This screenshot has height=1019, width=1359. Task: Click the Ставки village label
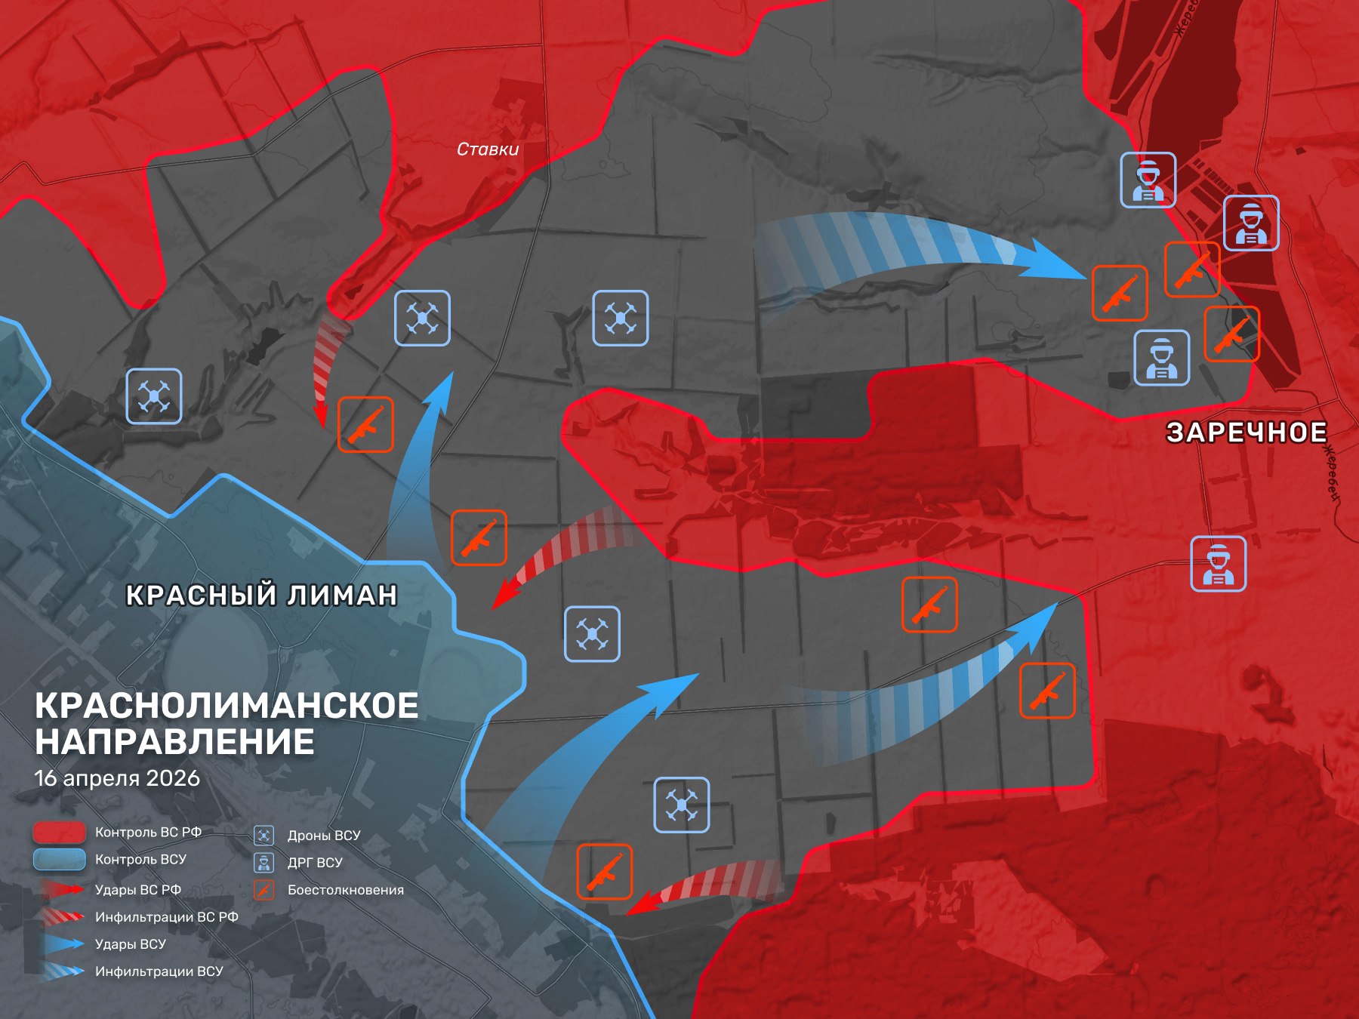click(488, 149)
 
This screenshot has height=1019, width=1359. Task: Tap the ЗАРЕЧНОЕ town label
click(1247, 433)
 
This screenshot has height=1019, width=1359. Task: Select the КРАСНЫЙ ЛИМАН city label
click(261, 595)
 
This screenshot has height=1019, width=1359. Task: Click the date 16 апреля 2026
click(117, 778)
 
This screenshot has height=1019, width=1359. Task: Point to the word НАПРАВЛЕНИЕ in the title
click(174, 742)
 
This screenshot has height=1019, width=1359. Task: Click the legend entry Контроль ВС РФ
click(148, 832)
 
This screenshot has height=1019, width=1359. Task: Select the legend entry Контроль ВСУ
click(140, 859)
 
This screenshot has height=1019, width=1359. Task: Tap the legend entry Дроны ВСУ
click(323, 836)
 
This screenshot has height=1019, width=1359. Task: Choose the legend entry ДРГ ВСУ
click(315, 863)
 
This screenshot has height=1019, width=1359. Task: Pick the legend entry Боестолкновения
click(345, 890)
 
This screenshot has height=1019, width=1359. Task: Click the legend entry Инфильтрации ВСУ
click(159, 971)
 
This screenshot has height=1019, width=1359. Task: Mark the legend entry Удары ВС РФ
click(137, 890)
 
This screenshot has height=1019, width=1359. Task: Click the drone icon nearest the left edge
click(154, 396)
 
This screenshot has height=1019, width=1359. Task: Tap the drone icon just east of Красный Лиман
click(592, 634)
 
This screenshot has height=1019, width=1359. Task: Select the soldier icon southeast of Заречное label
click(1218, 564)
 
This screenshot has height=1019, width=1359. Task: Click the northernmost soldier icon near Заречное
click(1148, 180)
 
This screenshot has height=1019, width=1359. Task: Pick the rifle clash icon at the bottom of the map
click(604, 872)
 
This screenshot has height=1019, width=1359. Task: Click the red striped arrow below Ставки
click(326, 370)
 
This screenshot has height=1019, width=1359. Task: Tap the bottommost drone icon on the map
click(681, 805)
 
